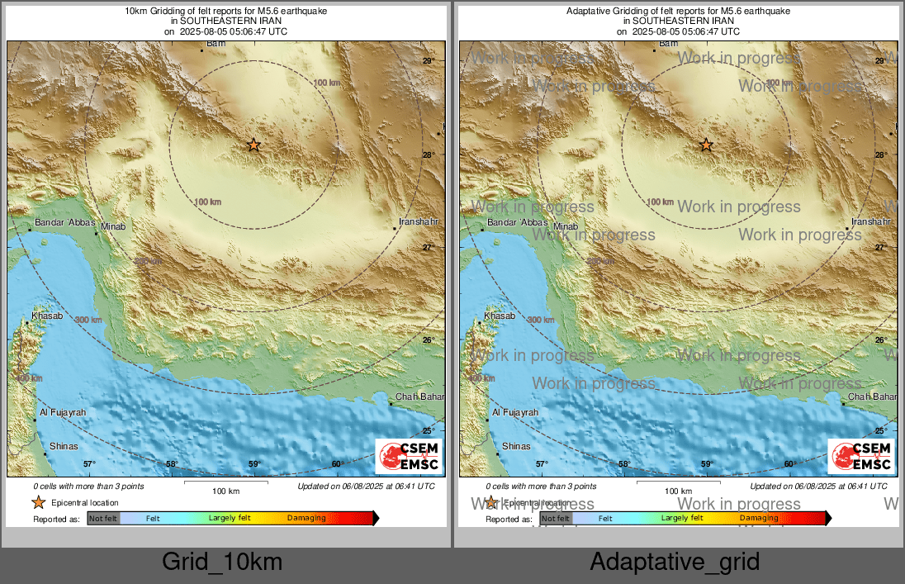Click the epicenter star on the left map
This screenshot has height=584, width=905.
pyautogui.click(x=253, y=145)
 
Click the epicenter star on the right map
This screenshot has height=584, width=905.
pyautogui.click(x=706, y=145)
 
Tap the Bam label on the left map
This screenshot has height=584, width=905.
pyautogui.click(x=216, y=43)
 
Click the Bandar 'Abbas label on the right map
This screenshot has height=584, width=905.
pyautogui.click(x=518, y=223)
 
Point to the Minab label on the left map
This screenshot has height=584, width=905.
pyautogui.click(x=113, y=226)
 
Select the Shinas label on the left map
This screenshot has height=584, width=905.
pyautogui.click(x=64, y=446)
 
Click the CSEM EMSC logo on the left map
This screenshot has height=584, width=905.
pyautogui.click(x=409, y=457)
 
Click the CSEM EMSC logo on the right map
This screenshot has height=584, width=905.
pyautogui.click(x=861, y=457)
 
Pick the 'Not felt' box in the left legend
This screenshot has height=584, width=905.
pyautogui.click(x=103, y=518)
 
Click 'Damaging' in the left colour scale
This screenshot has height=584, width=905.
pyautogui.click(x=306, y=518)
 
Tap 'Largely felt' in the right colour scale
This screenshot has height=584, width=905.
pyautogui.click(x=682, y=518)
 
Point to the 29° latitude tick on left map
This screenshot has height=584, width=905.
pyautogui.click(x=429, y=61)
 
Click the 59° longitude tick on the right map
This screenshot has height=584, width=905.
pyautogui.click(x=707, y=464)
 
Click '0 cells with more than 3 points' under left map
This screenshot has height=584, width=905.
pyautogui.click(x=88, y=487)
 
